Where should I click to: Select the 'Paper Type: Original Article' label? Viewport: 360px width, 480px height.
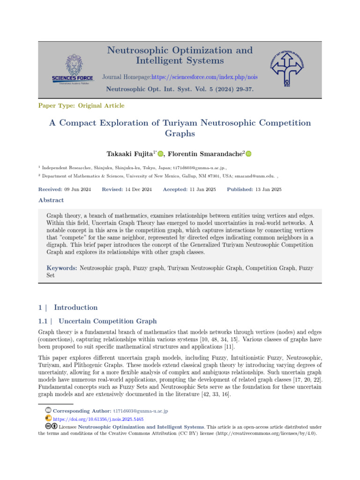[81, 106]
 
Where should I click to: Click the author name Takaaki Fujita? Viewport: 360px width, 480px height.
[132, 154]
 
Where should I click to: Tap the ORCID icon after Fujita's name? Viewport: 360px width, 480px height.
[160, 154]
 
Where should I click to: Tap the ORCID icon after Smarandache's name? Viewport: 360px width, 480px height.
[248, 154]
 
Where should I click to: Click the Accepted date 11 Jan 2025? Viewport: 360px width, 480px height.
[189, 189]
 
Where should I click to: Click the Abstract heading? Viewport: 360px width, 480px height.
[51, 200]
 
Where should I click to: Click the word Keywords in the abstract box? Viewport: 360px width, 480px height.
[61, 268]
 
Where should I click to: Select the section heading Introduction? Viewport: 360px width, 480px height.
[75, 307]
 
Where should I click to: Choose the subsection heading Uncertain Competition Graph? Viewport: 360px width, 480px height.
[108, 321]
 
